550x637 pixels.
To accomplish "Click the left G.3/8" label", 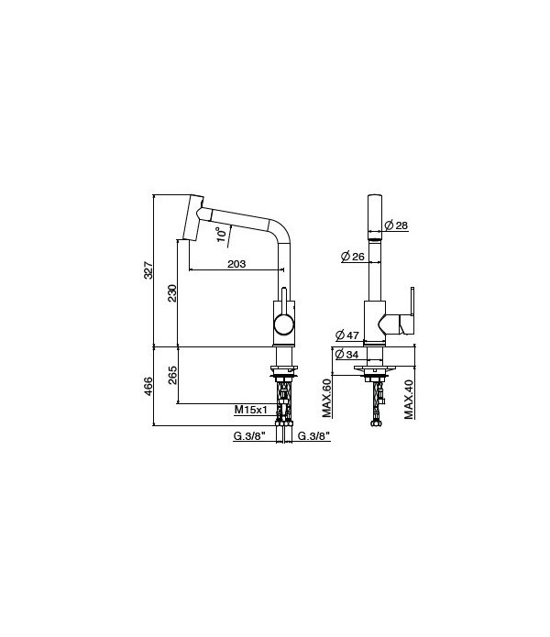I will [x=248, y=436].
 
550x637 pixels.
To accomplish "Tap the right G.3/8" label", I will [x=313, y=436].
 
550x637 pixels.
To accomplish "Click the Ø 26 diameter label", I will [x=352, y=257].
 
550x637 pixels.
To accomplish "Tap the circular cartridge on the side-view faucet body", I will [x=285, y=324].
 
